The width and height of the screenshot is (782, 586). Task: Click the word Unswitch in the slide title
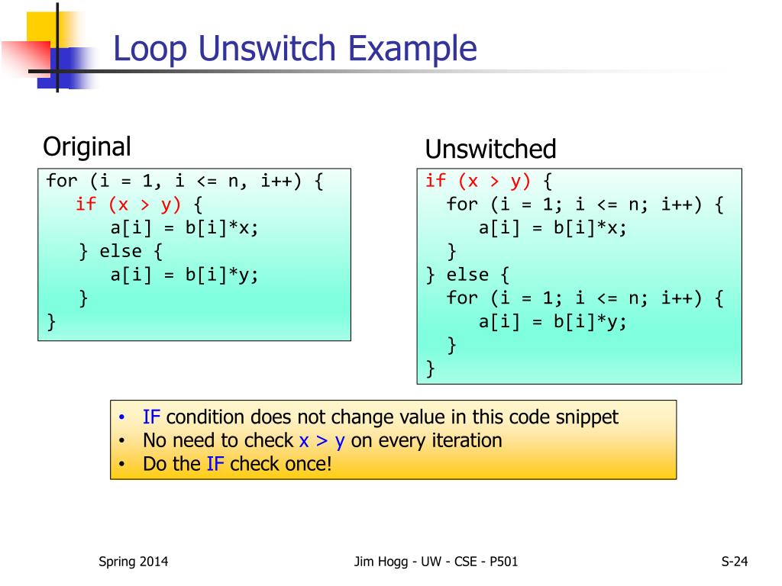click(x=270, y=50)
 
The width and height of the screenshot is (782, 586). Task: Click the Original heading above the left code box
click(x=87, y=146)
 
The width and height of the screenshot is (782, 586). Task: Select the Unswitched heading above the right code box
click(x=490, y=149)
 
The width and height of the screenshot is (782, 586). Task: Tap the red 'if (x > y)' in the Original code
click(x=128, y=204)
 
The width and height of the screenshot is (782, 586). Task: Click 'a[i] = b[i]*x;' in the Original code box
click(x=185, y=227)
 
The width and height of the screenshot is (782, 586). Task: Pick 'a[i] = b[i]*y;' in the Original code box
click(x=185, y=275)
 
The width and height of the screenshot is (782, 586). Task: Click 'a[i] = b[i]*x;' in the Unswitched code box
click(x=553, y=227)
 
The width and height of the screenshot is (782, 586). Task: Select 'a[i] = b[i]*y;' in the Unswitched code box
click(x=553, y=321)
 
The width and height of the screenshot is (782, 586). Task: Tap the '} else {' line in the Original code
click(x=121, y=251)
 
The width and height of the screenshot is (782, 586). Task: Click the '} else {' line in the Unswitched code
click(x=467, y=275)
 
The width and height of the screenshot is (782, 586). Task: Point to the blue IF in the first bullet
click(x=151, y=417)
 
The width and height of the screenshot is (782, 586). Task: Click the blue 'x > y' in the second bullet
click(x=322, y=440)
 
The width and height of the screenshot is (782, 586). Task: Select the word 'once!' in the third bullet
click(x=309, y=463)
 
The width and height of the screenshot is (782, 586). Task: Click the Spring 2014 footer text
click(x=134, y=562)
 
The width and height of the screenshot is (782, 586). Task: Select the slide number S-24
click(x=734, y=562)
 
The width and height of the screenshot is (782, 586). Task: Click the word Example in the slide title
click(x=411, y=50)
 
